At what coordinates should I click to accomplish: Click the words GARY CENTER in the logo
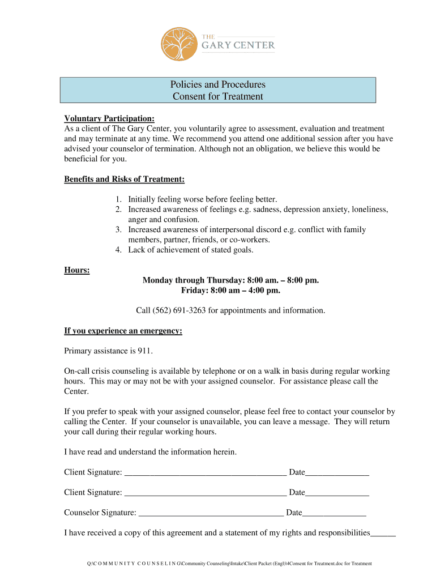tap(238, 45)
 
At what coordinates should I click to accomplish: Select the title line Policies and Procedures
tap(218, 84)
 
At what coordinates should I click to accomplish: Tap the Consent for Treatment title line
tap(218, 96)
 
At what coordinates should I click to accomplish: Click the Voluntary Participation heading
tap(109, 118)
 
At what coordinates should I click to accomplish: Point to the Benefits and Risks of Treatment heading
tap(125, 180)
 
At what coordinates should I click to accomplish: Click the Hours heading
tap(77, 270)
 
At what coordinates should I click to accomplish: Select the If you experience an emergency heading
tap(123, 331)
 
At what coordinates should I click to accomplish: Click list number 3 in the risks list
tap(118, 230)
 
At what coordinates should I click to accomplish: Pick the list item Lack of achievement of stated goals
tap(191, 250)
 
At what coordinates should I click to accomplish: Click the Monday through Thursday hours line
tap(230, 280)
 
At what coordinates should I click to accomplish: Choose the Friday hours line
tap(230, 291)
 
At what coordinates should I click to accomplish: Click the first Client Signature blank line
tap(205, 473)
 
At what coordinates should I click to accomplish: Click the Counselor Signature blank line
tap(211, 514)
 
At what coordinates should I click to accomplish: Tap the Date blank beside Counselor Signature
tap(334, 514)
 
